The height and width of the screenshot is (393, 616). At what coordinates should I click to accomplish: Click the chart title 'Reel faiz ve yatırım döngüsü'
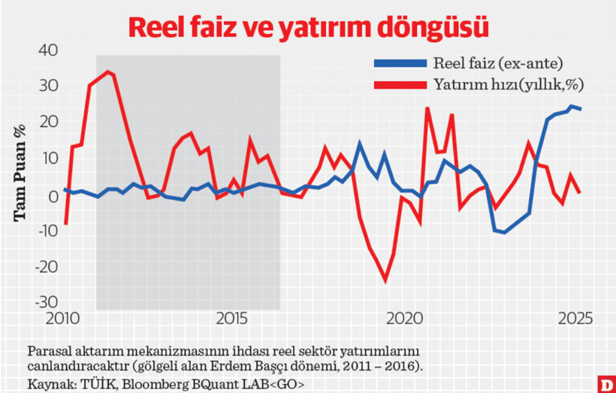tap(308, 27)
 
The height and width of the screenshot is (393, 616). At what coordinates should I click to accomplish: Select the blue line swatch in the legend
tap(400, 62)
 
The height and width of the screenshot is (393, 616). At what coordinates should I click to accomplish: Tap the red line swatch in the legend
tap(400, 84)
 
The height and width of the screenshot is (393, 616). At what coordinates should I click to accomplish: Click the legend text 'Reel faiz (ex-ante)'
tap(497, 62)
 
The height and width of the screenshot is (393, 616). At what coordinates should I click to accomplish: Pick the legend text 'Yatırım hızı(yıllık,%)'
tap(508, 84)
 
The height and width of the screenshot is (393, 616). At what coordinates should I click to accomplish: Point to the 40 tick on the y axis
tap(47, 50)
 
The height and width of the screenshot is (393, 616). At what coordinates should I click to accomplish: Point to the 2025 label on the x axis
tap(574, 319)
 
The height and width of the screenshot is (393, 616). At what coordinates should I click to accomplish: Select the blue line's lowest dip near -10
tap(503, 232)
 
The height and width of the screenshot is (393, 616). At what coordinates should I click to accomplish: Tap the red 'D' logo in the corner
tap(605, 383)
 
